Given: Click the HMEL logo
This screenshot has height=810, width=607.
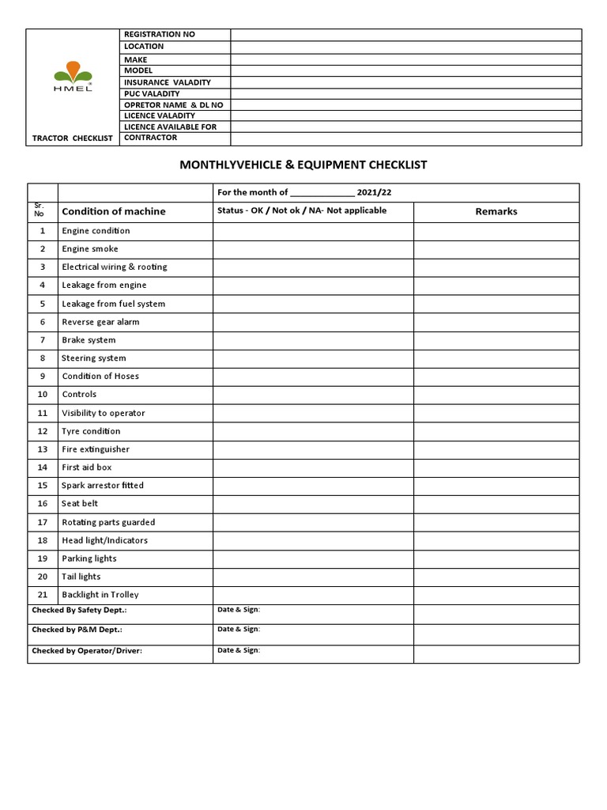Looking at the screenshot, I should click(x=73, y=79).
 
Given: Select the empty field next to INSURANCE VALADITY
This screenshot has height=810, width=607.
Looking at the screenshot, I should click(x=405, y=82).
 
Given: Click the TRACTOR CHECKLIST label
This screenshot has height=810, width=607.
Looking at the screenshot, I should click(x=73, y=138).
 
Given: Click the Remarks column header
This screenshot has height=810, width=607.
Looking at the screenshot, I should click(x=496, y=211).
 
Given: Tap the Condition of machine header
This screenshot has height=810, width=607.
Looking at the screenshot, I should click(x=114, y=211).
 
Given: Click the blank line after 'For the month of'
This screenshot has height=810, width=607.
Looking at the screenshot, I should click(x=322, y=193).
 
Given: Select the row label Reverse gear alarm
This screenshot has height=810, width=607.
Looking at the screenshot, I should click(x=100, y=322).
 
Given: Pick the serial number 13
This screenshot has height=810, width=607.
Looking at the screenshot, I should click(x=43, y=449).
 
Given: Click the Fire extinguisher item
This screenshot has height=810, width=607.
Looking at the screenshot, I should click(x=96, y=449).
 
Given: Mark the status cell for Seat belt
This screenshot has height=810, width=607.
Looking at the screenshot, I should click(x=313, y=504).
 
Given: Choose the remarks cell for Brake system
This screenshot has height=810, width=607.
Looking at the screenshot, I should click(x=496, y=340).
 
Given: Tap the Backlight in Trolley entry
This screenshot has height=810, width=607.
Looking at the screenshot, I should click(x=100, y=595).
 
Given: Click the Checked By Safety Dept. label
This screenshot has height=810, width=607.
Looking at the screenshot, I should click(x=79, y=611).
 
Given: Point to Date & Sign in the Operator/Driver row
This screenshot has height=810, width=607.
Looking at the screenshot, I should click(x=239, y=650).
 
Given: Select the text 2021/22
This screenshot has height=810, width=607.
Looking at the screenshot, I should click(x=374, y=192).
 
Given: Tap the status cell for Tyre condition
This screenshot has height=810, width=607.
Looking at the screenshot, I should click(x=313, y=431).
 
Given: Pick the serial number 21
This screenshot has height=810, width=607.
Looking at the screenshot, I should click(x=43, y=595).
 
